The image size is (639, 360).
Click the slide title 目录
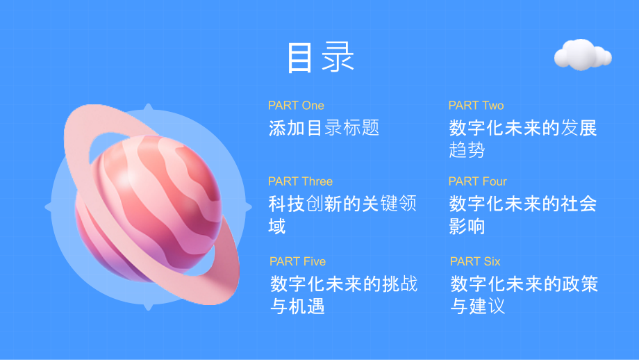click(x=320, y=58)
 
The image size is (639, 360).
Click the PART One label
click(x=296, y=106)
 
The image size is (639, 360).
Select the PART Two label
click(x=476, y=106)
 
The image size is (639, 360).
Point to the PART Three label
click(x=300, y=181)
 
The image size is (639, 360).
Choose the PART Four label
click(x=477, y=181)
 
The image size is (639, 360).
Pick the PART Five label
click(x=297, y=261)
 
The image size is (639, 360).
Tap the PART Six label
click(x=475, y=261)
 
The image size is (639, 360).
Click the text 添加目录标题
click(x=324, y=129)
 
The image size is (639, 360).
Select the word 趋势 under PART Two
click(x=467, y=150)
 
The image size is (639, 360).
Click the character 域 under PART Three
click(x=277, y=227)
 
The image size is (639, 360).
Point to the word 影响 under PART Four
click(x=467, y=227)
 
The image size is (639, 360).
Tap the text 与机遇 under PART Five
click(x=297, y=306)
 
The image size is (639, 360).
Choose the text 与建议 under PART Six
click(x=478, y=306)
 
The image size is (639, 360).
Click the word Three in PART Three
click(x=316, y=181)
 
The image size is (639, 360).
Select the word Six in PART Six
click(x=491, y=261)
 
